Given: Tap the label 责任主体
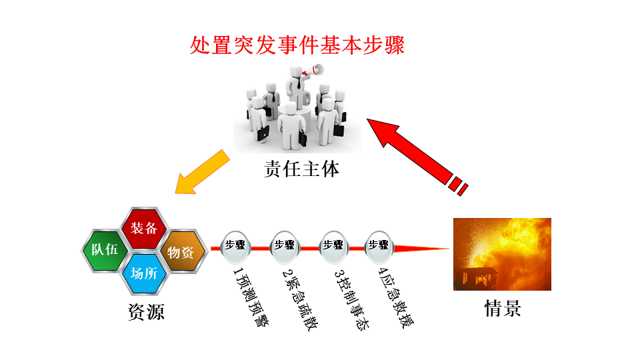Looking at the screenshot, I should click(x=302, y=169).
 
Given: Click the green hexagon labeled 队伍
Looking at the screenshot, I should click(x=105, y=251).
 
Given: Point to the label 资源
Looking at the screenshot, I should click(x=145, y=312).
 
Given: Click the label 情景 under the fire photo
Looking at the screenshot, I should click(x=502, y=309).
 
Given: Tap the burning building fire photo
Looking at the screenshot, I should click(x=502, y=253).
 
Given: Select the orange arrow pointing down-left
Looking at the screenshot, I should click(x=203, y=172).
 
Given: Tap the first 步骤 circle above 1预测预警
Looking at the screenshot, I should click(x=236, y=245).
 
